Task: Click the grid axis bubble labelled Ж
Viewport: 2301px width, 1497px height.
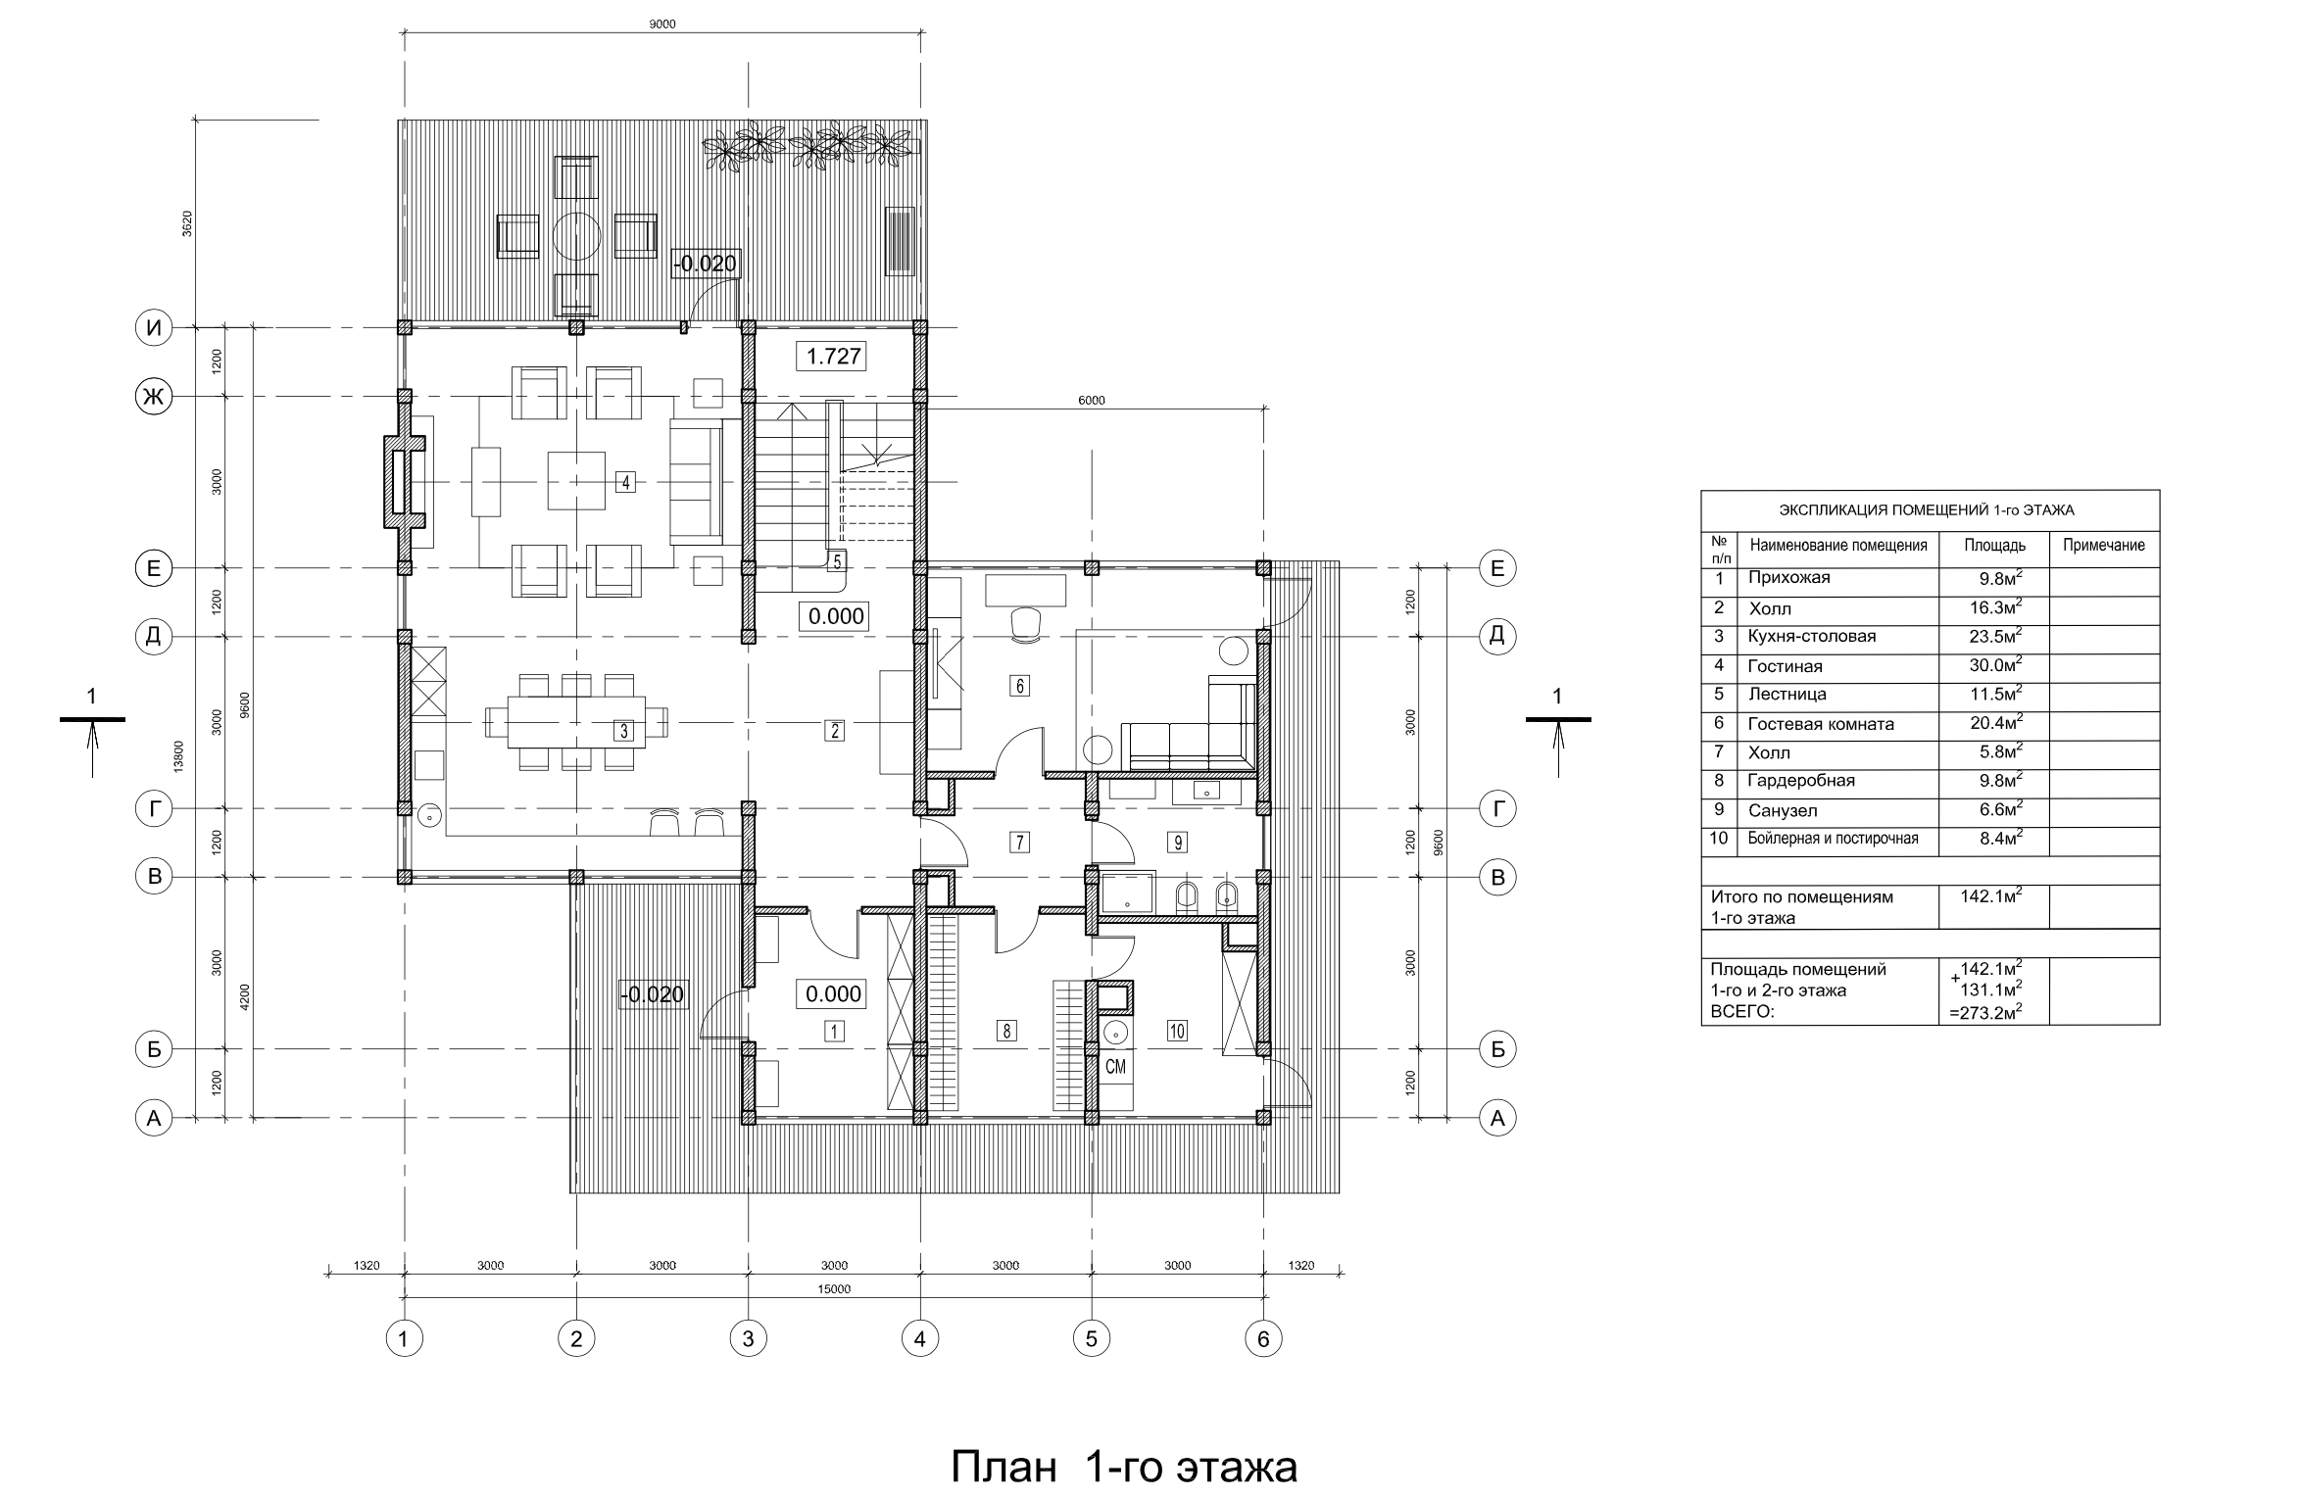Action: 153,397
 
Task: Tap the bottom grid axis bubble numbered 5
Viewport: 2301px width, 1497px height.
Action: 1092,1338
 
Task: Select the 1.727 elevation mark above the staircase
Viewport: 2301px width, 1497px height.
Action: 833,357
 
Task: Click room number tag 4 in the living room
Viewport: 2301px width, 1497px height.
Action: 624,482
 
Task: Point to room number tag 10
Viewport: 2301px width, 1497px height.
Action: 1177,1031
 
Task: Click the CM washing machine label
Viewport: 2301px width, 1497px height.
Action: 1115,1067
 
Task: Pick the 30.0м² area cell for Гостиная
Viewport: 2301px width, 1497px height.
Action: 1995,666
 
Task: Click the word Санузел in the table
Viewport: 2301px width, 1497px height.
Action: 1783,810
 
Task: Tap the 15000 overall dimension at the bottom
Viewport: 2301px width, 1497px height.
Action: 834,1289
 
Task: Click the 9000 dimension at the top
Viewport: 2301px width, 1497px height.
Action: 662,24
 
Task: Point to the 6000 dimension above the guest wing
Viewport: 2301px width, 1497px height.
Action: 1091,400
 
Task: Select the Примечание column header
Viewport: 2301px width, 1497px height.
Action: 2104,546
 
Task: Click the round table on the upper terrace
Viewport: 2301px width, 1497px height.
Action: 576,235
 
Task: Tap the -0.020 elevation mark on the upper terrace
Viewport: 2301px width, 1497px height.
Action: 705,264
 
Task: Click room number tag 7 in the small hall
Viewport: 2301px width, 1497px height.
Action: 1019,841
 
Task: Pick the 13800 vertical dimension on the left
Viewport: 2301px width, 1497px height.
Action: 178,756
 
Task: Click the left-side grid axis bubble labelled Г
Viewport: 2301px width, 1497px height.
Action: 153,809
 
